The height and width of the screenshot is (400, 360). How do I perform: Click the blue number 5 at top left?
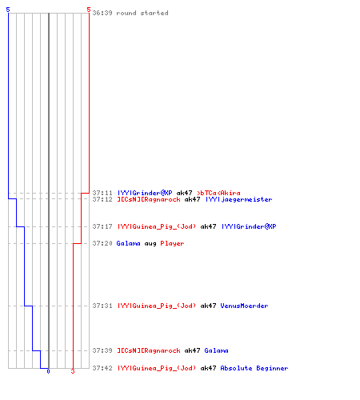8,10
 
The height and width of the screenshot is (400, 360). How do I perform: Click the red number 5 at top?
89,10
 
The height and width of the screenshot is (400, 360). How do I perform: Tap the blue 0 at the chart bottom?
48,371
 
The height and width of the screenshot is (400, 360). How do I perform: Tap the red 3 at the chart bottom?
73,371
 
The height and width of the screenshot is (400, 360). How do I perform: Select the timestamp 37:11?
102,193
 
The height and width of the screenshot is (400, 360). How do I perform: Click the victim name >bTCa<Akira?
218,193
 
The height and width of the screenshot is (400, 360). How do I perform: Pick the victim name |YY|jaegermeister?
239,199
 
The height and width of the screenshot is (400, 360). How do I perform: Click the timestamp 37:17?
102,226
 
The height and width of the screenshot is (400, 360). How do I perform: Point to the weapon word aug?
150,244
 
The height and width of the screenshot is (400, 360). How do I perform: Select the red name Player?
172,243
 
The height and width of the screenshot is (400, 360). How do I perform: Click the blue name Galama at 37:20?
128,243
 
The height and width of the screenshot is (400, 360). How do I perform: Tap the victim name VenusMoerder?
244,306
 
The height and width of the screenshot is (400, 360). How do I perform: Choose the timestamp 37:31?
102,306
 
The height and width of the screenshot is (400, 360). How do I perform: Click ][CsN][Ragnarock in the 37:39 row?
149,350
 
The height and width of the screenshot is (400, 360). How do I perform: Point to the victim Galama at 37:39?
216,350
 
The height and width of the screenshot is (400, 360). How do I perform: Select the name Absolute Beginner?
254,368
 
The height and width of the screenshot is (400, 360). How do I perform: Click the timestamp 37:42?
102,368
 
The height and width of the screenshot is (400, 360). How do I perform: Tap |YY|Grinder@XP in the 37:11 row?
145,193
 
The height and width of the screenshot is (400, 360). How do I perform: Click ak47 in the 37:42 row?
208,368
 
